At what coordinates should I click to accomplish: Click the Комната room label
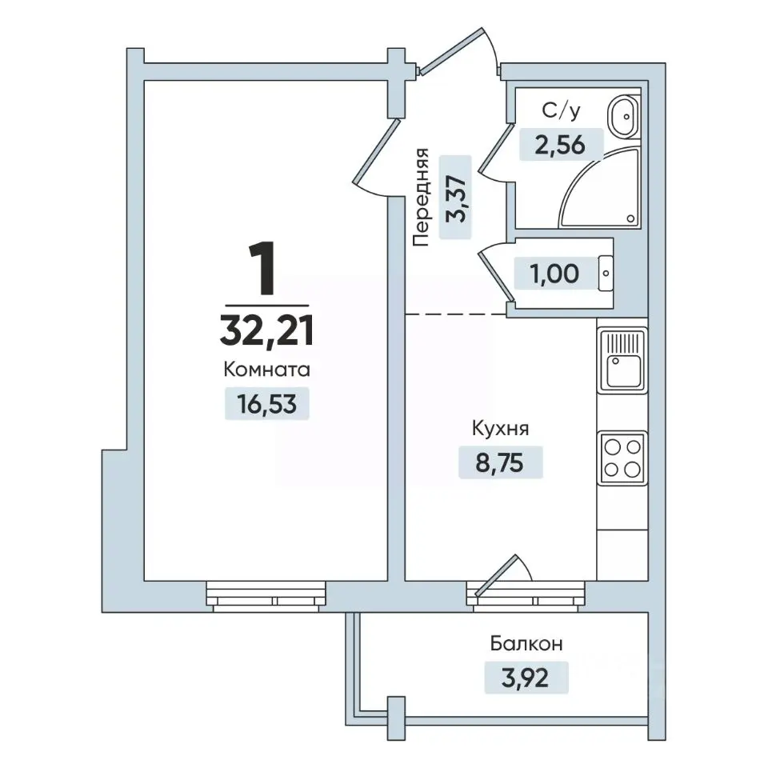point(267,370)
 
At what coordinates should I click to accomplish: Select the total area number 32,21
point(267,330)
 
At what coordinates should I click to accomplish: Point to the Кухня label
point(500,429)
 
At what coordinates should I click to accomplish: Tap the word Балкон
point(526,643)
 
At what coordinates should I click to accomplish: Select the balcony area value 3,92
point(526,678)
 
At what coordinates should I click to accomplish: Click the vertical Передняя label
point(421,197)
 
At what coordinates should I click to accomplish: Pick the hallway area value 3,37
point(455,198)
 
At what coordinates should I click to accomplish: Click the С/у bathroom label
point(562,111)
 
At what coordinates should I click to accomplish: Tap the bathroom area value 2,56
point(560,145)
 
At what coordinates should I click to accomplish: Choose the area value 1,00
point(555,274)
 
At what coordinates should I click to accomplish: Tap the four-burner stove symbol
point(622,458)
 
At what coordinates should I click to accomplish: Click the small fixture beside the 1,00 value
point(606,274)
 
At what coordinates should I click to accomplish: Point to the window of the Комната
point(266,596)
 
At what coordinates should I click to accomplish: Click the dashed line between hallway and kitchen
point(456,314)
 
